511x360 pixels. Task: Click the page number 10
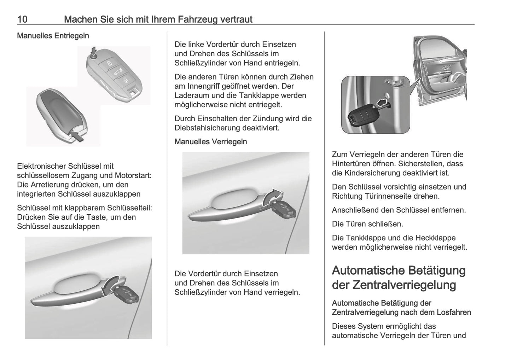point(22,19)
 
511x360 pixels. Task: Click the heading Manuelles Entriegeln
point(53,36)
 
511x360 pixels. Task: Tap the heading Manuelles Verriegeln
point(211,142)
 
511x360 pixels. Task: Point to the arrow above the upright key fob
point(93,50)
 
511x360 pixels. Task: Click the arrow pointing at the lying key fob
point(77,136)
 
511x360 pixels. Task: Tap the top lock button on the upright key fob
point(109,63)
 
